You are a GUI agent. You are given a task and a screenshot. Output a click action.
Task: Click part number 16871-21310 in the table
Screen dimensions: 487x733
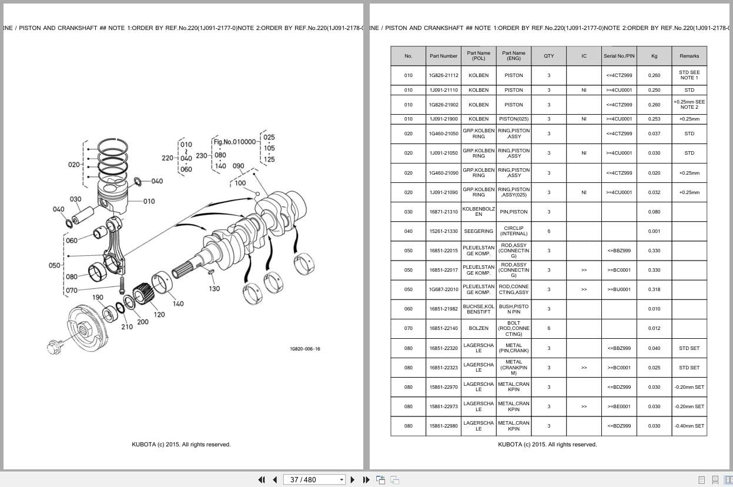(x=443, y=212)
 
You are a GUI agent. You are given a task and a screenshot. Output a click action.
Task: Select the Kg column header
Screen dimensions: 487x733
(x=654, y=56)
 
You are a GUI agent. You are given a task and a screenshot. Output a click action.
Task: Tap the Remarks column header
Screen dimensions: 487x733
(x=689, y=56)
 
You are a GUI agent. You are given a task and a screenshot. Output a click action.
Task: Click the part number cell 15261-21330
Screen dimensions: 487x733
(x=443, y=231)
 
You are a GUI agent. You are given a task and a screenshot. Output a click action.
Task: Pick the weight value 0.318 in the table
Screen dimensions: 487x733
(x=654, y=289)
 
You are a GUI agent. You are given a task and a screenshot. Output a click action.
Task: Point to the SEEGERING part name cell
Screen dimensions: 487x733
(x=478, y=231)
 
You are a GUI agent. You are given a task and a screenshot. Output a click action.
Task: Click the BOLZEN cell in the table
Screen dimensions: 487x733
(x=478, y=328)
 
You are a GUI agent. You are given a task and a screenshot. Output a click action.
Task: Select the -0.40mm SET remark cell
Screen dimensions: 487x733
(x=689, y=426)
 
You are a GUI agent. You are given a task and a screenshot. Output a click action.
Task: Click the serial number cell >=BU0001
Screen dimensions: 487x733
(x=619, y=289)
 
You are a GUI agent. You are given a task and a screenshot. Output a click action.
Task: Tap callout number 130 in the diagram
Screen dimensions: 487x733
(x=215, y=289)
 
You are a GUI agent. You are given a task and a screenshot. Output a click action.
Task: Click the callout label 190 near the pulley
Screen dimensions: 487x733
(x=98, y=298)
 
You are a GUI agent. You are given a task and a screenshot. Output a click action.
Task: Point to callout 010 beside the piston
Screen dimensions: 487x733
(x=149, y=201)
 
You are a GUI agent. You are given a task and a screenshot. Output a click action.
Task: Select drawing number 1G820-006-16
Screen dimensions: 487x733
(x=305, y=349)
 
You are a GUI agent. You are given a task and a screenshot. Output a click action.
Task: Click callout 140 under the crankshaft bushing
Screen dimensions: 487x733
(x=178, y=303)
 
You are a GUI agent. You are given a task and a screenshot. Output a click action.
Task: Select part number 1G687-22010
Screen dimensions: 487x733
(x=443, y=289)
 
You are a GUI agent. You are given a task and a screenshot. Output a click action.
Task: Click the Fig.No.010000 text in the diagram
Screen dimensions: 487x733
(x=235, y=142)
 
